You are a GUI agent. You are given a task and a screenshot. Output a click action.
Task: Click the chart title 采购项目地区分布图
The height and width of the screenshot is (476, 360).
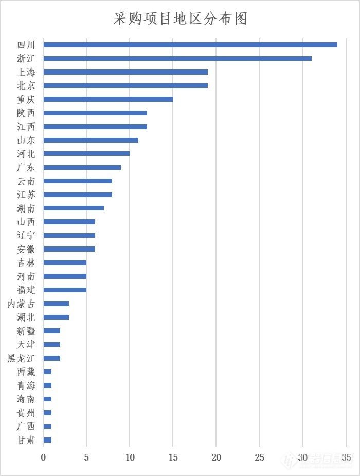coord(181,19)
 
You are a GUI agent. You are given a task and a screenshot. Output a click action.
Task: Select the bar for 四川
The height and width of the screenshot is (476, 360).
coord(190,45)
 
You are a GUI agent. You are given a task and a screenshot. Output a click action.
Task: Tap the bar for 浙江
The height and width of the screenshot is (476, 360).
coord(177,58)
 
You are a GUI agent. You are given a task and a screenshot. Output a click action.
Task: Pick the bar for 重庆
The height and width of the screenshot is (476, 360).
coord(108,99)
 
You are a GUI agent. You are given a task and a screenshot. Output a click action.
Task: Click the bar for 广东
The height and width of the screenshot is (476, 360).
coord(82,167)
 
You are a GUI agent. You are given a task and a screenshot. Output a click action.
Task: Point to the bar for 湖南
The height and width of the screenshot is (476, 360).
coord(74,208)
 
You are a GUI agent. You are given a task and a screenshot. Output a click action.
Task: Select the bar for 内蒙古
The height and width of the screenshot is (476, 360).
coord(56,304)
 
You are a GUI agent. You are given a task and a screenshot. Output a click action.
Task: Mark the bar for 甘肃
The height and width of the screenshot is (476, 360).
coord(47,439)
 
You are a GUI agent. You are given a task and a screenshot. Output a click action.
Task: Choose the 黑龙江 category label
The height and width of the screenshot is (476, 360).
coord(22,358)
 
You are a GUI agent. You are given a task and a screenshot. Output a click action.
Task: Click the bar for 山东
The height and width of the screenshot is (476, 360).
coord(91,140)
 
